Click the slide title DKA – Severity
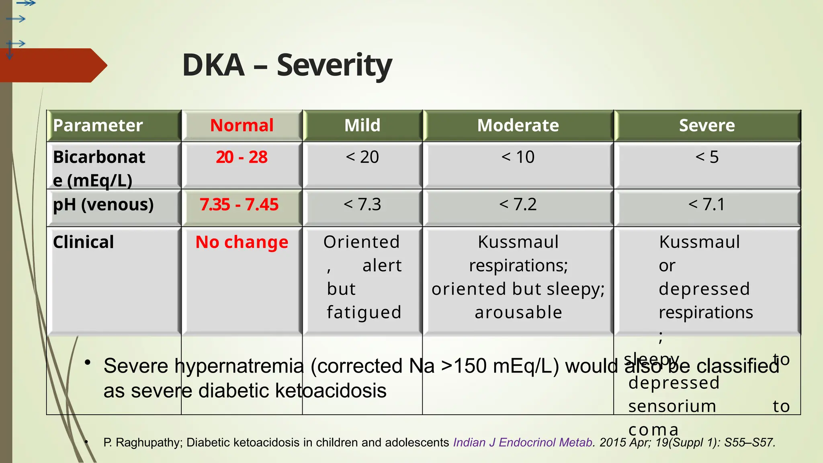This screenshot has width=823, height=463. [287, 65]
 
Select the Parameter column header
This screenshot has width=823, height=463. [98, 125]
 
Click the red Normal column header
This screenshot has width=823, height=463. [242, 125]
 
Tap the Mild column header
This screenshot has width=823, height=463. [362, 125]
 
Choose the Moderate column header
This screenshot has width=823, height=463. [518, 125]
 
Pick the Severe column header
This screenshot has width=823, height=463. [706, 125]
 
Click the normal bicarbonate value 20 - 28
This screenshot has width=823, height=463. [242, 157]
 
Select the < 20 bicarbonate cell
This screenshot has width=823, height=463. [362, 157]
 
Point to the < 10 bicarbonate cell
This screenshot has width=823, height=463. [518, 157]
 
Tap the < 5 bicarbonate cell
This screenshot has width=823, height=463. [706, 157]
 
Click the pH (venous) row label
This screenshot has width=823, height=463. [103, 205]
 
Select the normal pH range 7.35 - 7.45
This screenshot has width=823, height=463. [239, 205]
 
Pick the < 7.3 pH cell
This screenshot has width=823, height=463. [362, 205]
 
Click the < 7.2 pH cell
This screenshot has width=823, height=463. [518, 205]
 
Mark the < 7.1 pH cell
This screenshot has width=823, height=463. [706, 205]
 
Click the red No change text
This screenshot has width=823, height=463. [242, 242]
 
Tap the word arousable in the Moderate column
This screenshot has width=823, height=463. [518, 313]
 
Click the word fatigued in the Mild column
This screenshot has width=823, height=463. [364, 313]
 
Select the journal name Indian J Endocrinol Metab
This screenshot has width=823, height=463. [523, 443]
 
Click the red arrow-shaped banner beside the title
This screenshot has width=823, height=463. [52, 66]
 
